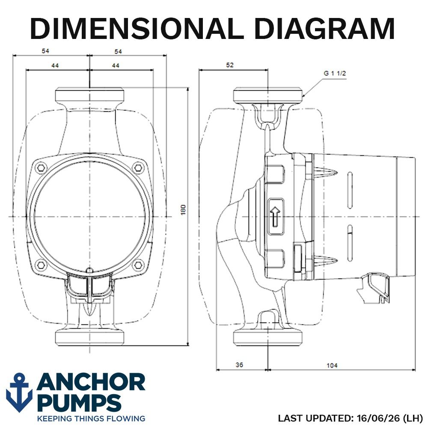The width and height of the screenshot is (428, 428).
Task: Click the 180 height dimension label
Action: [x=183, y=209]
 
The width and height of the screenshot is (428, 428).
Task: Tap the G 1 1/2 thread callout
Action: [x=335, y=74]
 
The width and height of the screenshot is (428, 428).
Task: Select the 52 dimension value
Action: [x=230, y=65]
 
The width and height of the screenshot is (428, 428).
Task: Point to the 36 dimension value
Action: [x=239, y=365]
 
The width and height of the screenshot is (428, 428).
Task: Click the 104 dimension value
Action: [x=332, y=365]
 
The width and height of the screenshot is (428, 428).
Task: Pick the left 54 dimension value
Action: [x=45, y=51]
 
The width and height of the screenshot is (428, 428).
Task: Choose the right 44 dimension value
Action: [x=116, y=66]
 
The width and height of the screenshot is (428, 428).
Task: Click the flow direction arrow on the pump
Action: [x=275, y=217]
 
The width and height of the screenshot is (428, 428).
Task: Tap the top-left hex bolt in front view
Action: [x=41, y=168]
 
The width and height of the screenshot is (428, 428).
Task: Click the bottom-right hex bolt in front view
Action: [x=138, y=265]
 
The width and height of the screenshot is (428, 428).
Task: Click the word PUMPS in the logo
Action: [x=80, y=403]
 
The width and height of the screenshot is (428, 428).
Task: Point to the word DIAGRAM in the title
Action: [x=324, y=29]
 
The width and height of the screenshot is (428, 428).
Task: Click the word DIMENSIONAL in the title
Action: [x=137, y=29]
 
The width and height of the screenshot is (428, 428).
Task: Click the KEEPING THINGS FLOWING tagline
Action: [x=91, y=419]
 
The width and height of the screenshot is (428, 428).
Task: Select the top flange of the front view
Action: [x=89, y=95]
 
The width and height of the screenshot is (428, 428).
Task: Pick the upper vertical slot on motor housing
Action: [x=350, y=190]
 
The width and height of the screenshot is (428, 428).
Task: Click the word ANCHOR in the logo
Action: [x=91, y=382]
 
